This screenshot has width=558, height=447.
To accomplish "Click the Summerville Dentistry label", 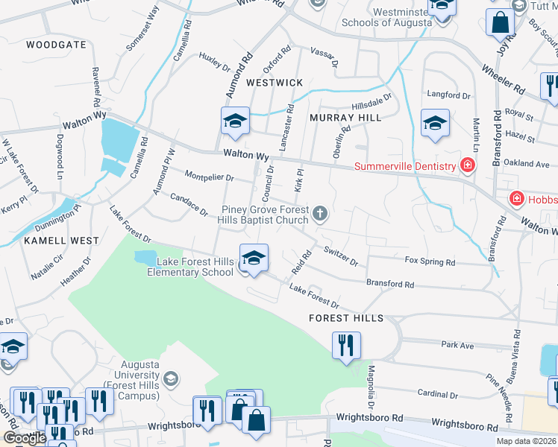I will (x=404, y=166).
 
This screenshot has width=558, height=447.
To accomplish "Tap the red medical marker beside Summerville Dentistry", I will (x=468, y=165).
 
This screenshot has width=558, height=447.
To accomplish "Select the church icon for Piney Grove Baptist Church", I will (x=320, y=215).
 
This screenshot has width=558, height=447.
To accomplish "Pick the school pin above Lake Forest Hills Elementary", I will (x=254, y=259).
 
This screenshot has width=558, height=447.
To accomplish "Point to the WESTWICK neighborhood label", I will (x=275, y=82).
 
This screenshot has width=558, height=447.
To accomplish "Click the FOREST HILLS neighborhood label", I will (x=346, y=318).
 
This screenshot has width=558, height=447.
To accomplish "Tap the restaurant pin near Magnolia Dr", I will (x=346, y=346).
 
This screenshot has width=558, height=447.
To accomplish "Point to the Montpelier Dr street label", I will (x=209, y=178).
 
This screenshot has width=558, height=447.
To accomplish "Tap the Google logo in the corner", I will (x=24, y=438).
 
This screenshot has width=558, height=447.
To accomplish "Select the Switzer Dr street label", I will (x=341, y=256).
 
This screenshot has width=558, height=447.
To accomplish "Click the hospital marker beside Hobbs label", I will (x=516, y=198).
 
